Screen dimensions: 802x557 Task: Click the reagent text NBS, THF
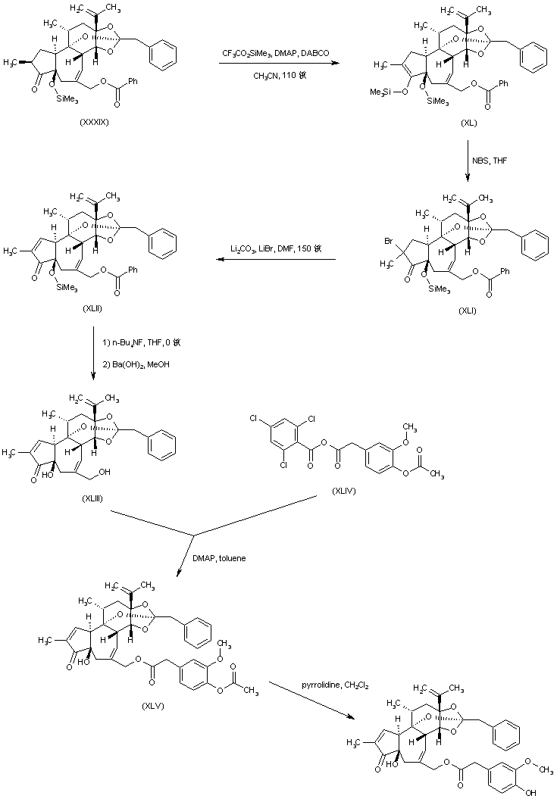pyautogui.click(x=494, y=169)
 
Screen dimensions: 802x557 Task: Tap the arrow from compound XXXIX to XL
pyautogui.click(x=278, y=64)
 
